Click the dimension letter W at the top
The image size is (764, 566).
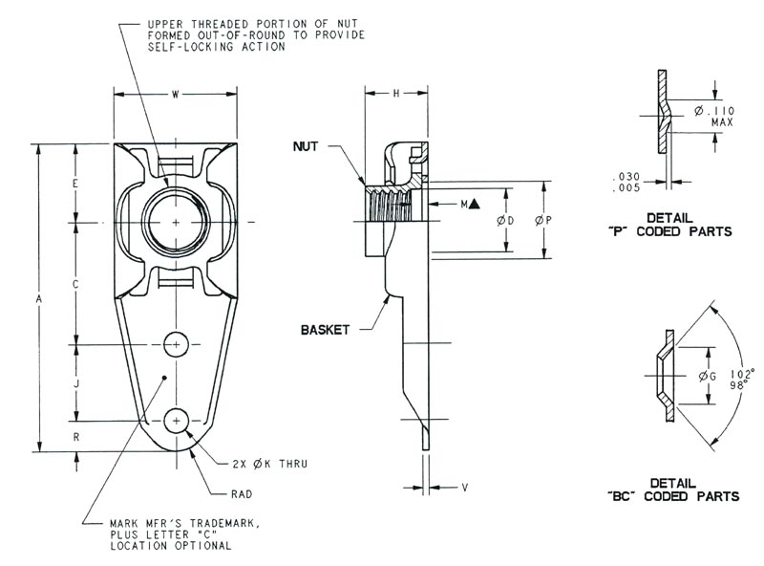coord(176,94)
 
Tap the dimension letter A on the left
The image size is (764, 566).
coord(39,298)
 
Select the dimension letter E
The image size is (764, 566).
coord(75,182)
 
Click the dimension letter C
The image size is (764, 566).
coord(75,284)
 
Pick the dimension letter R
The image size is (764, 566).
coord(75,435)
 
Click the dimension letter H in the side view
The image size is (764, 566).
coord(396,94)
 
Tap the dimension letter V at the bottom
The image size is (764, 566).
coord(464,488)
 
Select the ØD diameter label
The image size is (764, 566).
coord(506,221)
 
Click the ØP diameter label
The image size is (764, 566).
coord(544,221)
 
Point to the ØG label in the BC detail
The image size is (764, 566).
coord(707,376)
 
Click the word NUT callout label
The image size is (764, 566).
coord(307,147)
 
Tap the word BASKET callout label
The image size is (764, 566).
coord(325,329)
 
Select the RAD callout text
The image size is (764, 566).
coord(244,494)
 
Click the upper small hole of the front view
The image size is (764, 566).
coord(177,343)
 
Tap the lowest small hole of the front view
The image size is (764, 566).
coord(177,420)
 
